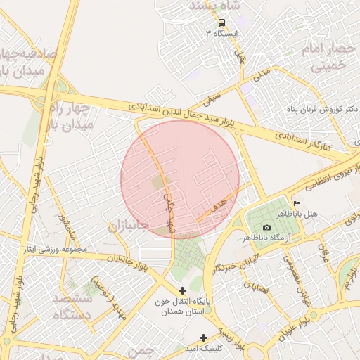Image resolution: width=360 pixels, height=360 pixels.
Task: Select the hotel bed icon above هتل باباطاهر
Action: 295,203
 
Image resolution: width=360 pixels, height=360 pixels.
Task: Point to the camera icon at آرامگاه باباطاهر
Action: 266,227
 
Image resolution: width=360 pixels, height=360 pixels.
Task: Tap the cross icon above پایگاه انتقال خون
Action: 182,290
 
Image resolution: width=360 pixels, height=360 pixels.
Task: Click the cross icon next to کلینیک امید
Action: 204,337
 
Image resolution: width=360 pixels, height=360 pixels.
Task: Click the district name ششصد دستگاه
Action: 72,307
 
